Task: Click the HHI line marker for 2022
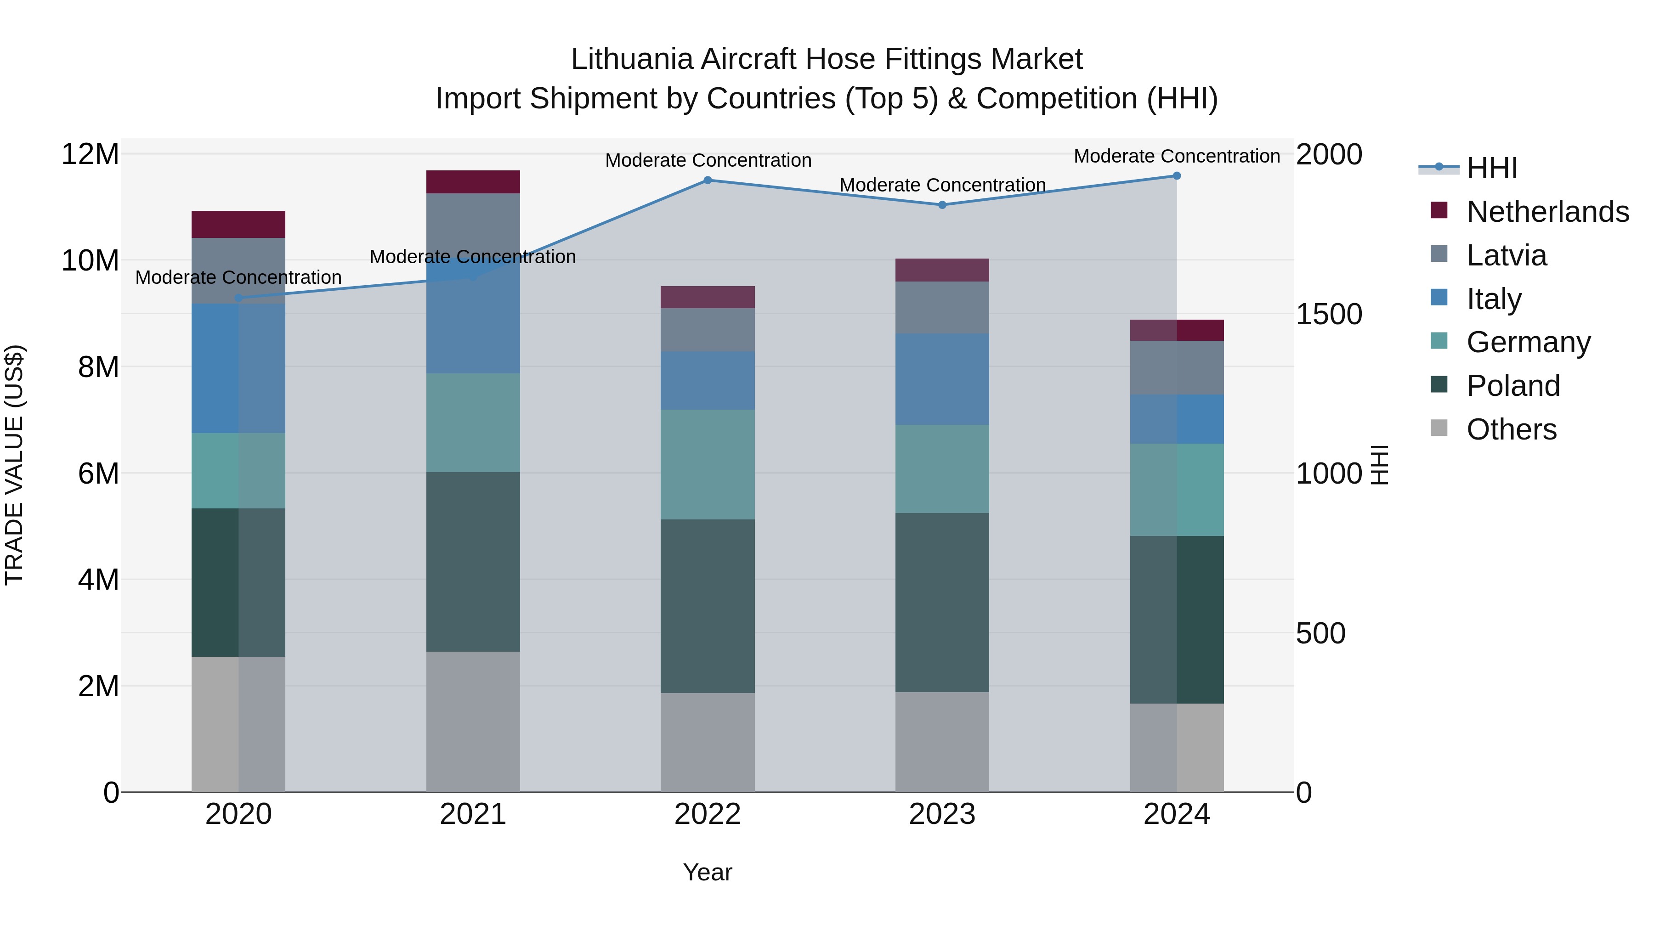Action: [708, 180]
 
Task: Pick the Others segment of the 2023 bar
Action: [942, 742]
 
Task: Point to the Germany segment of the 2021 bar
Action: [473, 423]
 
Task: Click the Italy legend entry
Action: [1494, 299]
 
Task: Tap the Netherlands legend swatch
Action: [1439, 210]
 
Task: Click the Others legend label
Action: [1512, 429]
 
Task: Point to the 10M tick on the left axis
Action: [90, 260]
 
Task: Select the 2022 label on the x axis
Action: [708, 814]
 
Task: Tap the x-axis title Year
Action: [708, 872]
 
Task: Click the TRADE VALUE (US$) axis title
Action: [14, 465]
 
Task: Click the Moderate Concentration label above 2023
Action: [942, 185]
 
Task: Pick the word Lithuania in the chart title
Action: [632, 59]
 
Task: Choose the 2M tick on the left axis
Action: [97, 686]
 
